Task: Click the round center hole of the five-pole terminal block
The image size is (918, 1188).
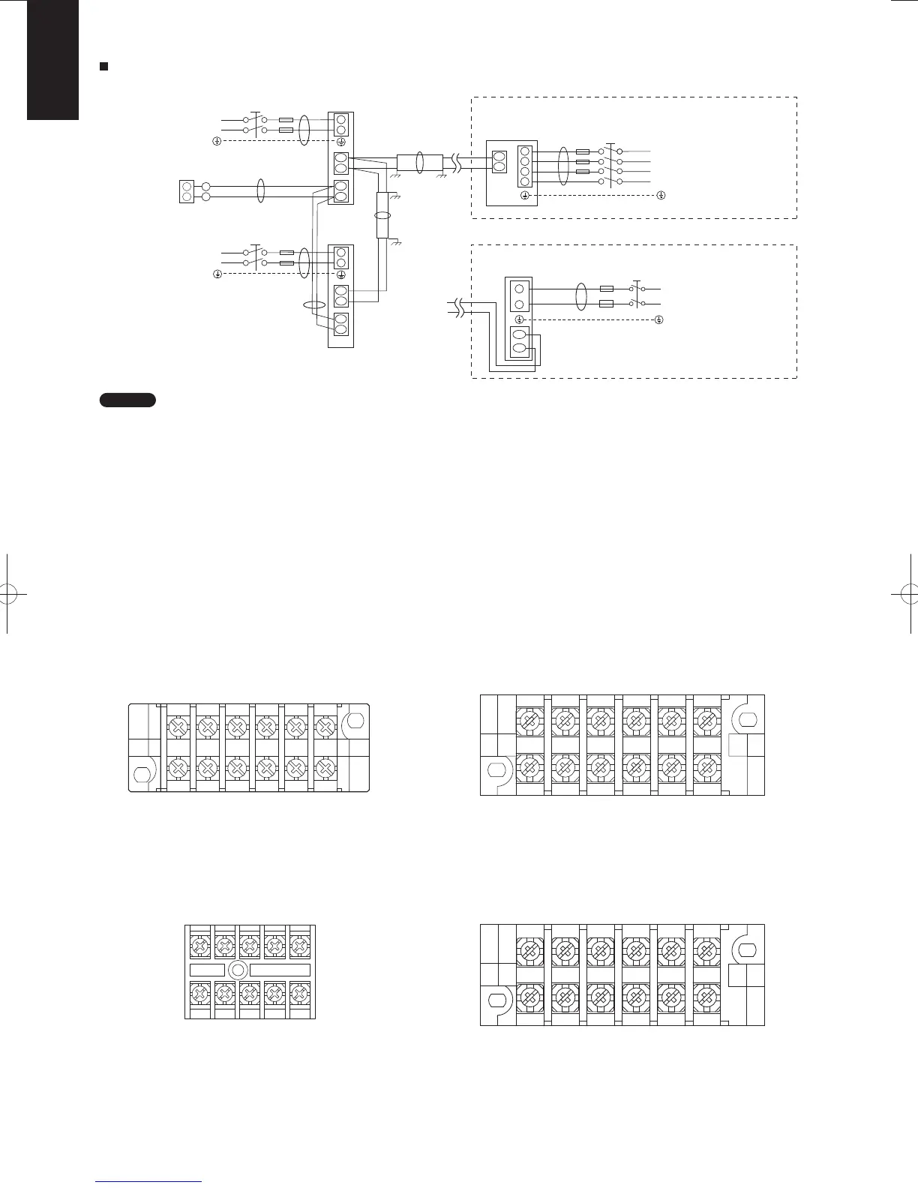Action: [237, 970]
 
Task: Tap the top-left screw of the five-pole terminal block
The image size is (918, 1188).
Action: [199, 946]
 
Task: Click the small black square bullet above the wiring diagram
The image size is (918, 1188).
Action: [105, 67]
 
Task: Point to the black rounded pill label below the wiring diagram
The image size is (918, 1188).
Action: [127, 400]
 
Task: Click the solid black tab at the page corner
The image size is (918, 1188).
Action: [52, 59]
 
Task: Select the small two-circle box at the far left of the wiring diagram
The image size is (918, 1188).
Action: [187, 191]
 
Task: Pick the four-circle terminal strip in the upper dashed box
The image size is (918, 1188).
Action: [525, 166]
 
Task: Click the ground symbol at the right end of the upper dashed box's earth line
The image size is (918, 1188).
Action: [661, 196]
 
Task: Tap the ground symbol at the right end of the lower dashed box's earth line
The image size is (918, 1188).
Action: [658, 319]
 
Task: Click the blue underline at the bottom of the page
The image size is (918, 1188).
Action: [149, 1181]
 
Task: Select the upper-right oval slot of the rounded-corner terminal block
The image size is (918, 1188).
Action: [355, 721]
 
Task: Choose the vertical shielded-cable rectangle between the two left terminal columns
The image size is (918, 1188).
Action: [382, 214]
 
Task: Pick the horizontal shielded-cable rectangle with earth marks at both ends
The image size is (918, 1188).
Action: [419, 162]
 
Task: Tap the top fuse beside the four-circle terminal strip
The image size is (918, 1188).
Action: [582, 151]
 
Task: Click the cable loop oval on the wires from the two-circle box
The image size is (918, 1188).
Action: [261, 190]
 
